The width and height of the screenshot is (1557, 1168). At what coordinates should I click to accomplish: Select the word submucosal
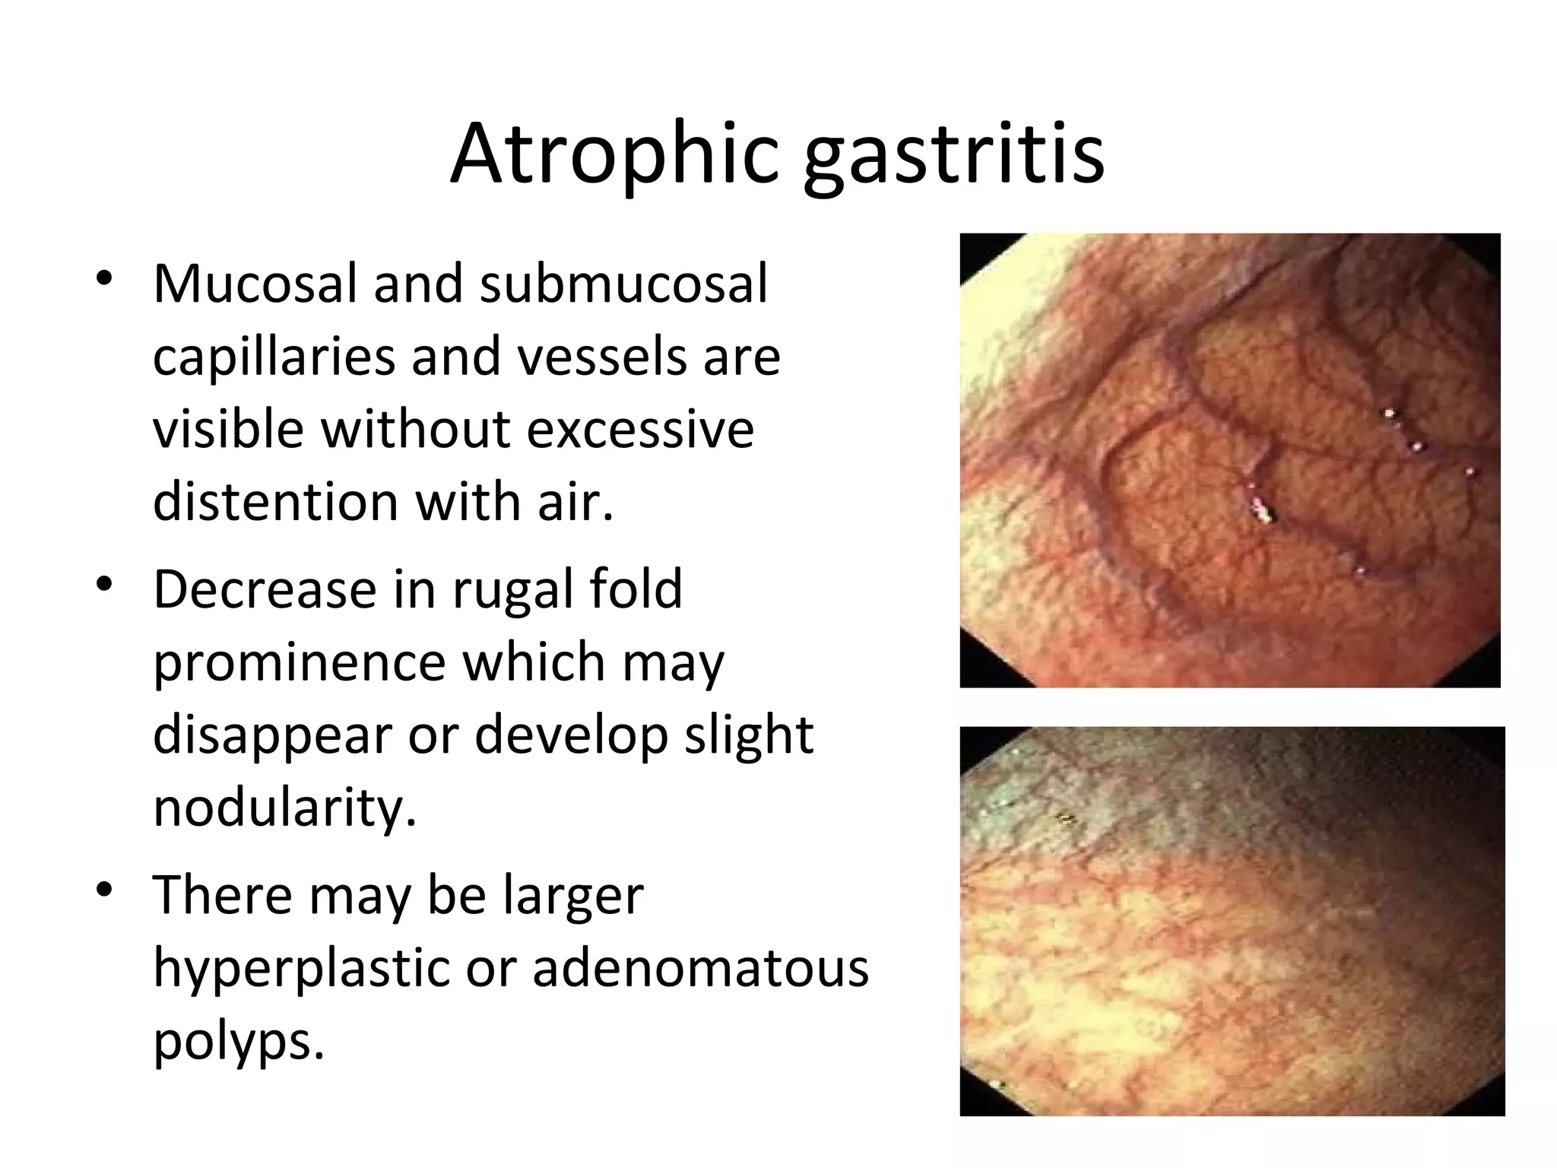[x=623, y=283]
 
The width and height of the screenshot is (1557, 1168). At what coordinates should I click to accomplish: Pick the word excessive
[x=640, y=429]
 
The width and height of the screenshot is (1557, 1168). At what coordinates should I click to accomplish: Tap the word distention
[x=275, y=502]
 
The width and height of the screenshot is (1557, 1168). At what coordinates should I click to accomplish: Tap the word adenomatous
[x=700, y=969]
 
